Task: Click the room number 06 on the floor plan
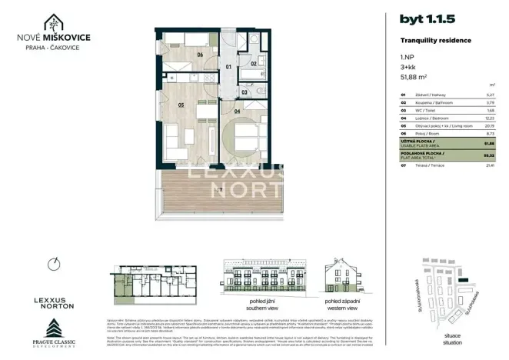point(199,54)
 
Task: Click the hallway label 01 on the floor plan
point(228,67)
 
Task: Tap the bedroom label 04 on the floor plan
point(238,112)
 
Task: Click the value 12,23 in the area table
point(487,118)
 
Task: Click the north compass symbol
point(52,264)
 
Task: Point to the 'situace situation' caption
point(452,339)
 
